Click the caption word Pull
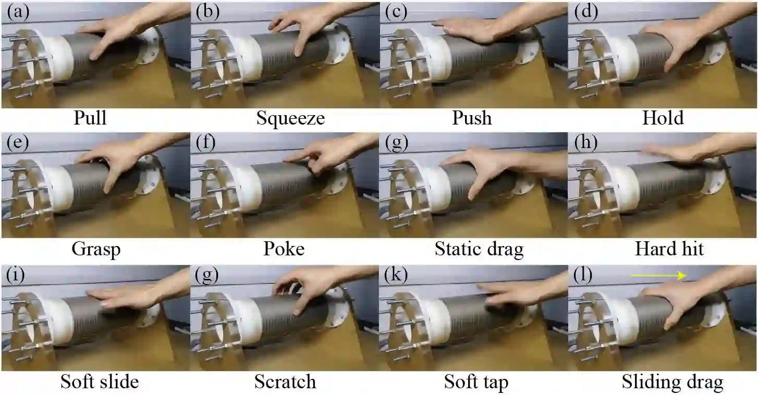[90, 118]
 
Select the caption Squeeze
[290, 118]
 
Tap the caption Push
[472, 118]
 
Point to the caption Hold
[663, 118]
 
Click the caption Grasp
[96, 250]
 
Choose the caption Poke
[285, 249]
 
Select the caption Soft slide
[100, 381]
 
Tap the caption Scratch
[285, 381]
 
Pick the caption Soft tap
[476, 382]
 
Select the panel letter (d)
[584, 12]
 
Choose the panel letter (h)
[584, 143]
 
